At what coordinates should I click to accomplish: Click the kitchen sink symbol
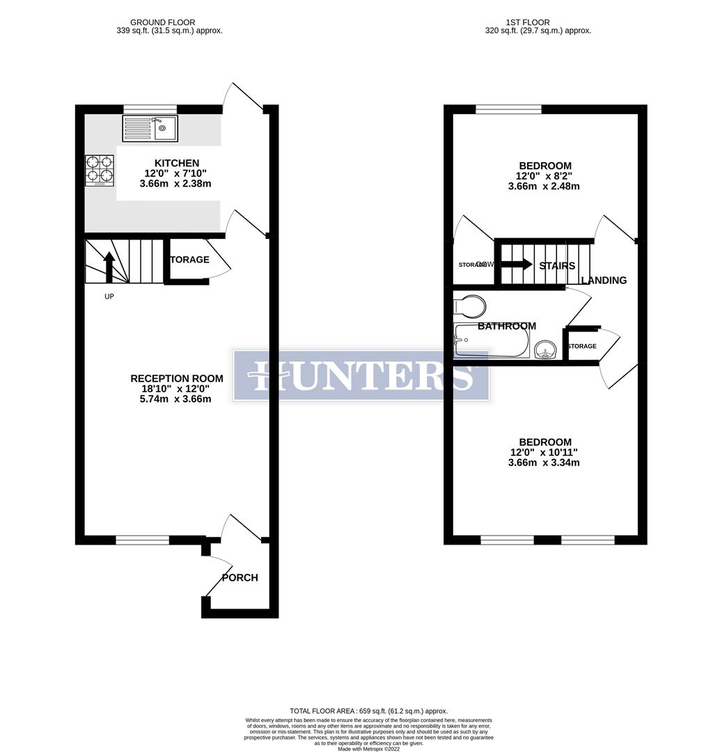pyautogui.click(x=150, y=128)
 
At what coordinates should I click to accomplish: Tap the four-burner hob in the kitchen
pyautogui.click(x=100, y=170)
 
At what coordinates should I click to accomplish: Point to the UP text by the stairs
pyautogui.click(x=109, y=296)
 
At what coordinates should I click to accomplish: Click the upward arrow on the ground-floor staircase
pyautogui.click(x=109, y=267)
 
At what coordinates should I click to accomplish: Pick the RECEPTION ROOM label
pyautogui.click(x=177, y=379)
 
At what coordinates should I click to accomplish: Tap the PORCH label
pyautogui.click(x=240, y=578)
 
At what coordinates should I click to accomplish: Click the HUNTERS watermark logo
pyautogui.click(x=361, y=375)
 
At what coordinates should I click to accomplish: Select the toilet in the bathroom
pyautogui.click(x=469, y=306)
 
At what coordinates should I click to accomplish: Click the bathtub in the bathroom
pyautogui.click(x=491, y=341)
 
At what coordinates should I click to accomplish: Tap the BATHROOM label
pyautogui.click(x=507, y=326)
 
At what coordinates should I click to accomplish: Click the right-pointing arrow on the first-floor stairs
pyautogui.click(x=516, y=265)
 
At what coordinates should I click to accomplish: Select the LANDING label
pyautogui.click(x=604, y=281)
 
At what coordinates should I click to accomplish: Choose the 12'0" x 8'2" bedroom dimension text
pyautogui.click(x=544, y=176)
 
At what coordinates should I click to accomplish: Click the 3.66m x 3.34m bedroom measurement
pyautogui.click(x=544, y=463)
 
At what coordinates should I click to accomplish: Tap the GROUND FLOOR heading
pyautogui.click(x=163, y=22)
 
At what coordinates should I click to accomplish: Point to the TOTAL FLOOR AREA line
pyautogui.click(x=369, y=711)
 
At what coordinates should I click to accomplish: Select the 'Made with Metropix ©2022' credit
pyautogui.click(x=369, y=749)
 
